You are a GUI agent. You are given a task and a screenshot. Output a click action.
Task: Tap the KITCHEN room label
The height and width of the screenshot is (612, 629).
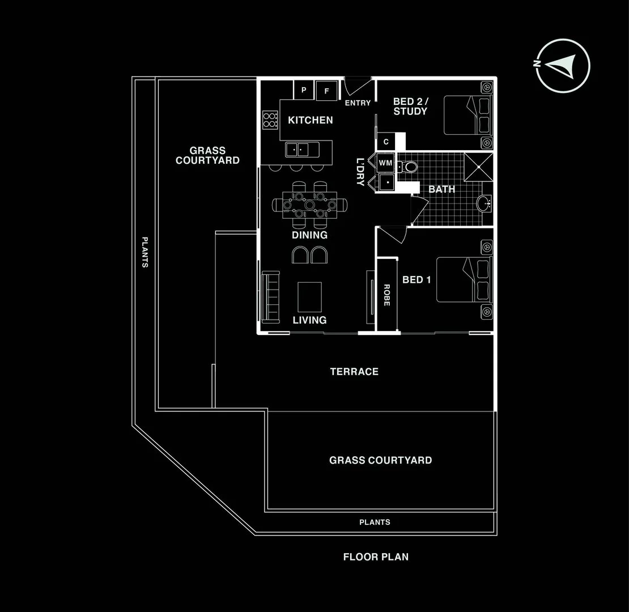click(x=311, y=120)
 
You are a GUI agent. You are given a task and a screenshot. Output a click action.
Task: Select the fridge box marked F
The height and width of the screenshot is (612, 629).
click(x=326, y=90)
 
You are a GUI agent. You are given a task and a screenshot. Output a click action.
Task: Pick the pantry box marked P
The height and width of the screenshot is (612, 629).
click(x=303, y=90)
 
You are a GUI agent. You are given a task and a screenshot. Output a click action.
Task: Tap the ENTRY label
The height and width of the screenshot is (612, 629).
click(x=358, y=103)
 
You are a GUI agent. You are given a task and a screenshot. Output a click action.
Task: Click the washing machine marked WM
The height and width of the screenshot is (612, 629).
click(x=385, y=163)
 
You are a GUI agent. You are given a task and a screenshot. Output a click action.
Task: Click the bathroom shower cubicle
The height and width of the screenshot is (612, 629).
click(x=478, y=166)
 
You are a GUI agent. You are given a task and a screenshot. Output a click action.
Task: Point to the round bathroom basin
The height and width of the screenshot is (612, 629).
click(x=484, y=204)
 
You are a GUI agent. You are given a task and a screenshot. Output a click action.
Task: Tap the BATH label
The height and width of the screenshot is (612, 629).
click(x=441, y=189)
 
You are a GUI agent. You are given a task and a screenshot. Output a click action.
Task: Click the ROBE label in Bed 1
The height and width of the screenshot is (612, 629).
click(x=387, y=295)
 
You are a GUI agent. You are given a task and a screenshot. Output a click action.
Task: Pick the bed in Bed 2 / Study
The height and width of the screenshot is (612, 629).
click(x=467, y=115)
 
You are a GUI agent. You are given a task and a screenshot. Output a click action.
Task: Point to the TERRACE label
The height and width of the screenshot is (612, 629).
click(x=354, y=372)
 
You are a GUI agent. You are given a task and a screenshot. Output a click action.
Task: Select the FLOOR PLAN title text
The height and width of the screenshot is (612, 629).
click(x=376, y=557)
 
